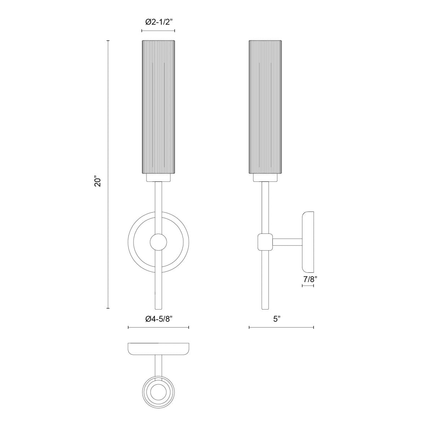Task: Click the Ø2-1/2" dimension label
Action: coord(158,22)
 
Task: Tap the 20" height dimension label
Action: coord(97,181)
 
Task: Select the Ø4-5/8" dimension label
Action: coord(158,319)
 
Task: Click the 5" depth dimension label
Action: coord(277,319)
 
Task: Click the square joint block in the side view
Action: coord(265,242)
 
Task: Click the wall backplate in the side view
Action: coord(308,242)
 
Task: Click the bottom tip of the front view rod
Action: coord(158,308)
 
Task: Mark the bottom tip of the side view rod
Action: coord(265,308)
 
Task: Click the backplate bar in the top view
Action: coord(158,348)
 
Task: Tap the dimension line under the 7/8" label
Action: coord(307,286)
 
